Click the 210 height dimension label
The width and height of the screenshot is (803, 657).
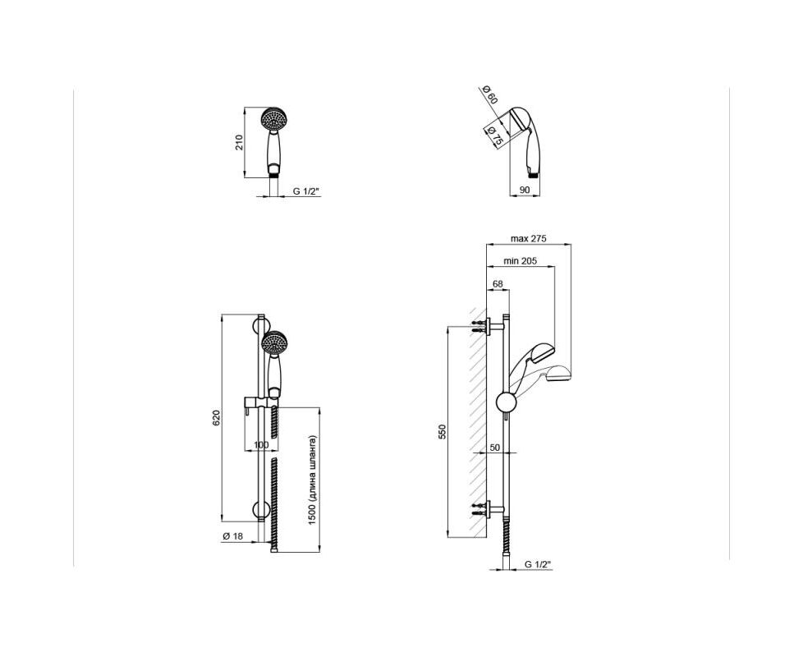tap(239, 142)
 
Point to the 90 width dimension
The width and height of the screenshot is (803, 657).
tap(525, 190)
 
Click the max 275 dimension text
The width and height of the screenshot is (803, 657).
tap(529, 239)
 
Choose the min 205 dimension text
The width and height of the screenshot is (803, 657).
tap(521, 261)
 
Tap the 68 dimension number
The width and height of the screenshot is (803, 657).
tap(498, 283)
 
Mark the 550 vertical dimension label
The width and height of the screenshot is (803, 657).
tap(443, 432)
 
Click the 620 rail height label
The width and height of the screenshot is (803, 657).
tap(216, 418)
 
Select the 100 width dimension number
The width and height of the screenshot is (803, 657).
tap(261, 445)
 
